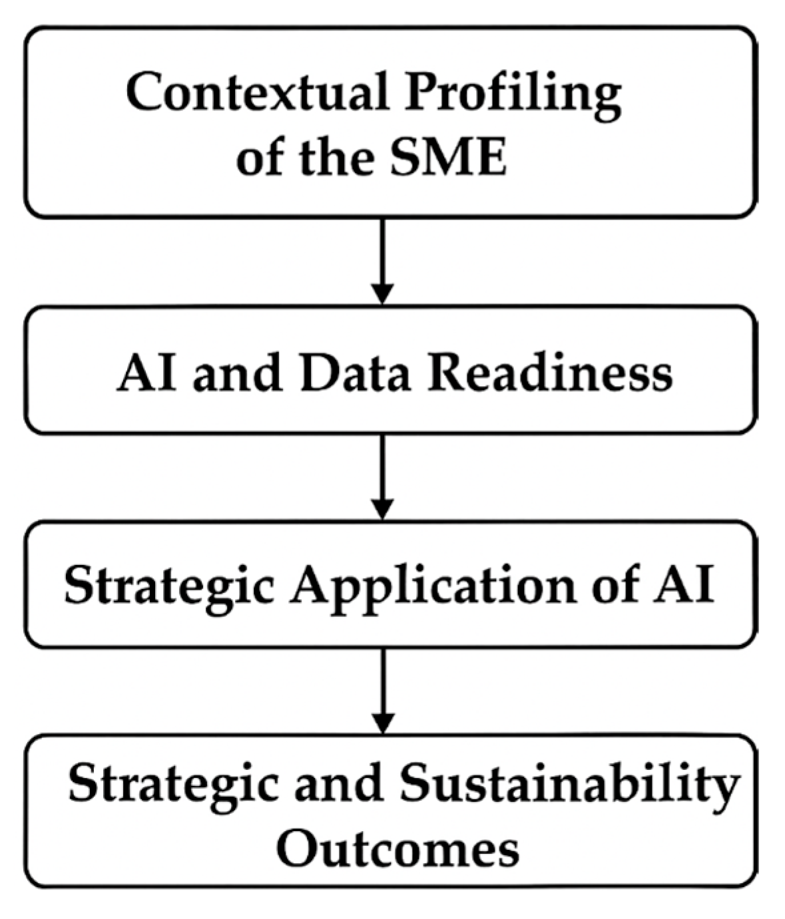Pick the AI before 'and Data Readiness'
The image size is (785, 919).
tap(147, 373)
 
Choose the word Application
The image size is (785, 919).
tap(433, 587)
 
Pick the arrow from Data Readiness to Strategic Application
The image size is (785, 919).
tap(382, 476)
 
